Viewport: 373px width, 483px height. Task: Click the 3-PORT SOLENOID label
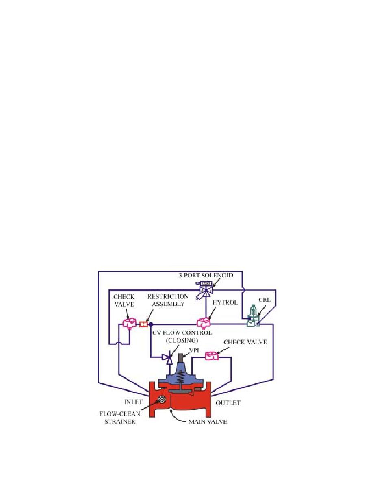pyautogui.click(x=206, y=275)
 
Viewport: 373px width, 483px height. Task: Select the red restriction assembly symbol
pyautogui.click(x=143, y=324)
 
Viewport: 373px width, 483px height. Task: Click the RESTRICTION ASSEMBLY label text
pyautogui.click(x=168, y=300)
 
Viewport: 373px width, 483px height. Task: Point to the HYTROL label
pyautogui.click(x=225, y=303)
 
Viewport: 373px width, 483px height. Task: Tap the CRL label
pyautogui.click(x=265, y=300)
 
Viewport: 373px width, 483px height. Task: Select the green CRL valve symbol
pyautogui.click(x=253, y=316)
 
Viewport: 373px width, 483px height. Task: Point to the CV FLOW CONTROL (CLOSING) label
pyautogui.click(x=182, y=337)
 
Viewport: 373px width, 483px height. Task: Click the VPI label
pyautogui.click(x=194, y=350)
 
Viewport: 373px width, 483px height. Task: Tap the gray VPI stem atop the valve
pyautogui.click(x=181, y=358)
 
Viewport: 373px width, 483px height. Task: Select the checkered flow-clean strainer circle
pyautogui.click(x=161, y=400)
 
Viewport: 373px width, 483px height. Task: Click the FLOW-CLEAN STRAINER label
pyautogui.click(x=120, y=418)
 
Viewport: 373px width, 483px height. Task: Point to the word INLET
pyautogui.click(x=133, y=402)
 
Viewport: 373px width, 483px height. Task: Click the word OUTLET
pyautogui.click(x=228, y=403)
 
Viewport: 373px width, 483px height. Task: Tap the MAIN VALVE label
pyautogui.click(x=208, y=421)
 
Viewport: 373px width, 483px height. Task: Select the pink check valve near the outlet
pyautogui.click(x=212, y=356)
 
